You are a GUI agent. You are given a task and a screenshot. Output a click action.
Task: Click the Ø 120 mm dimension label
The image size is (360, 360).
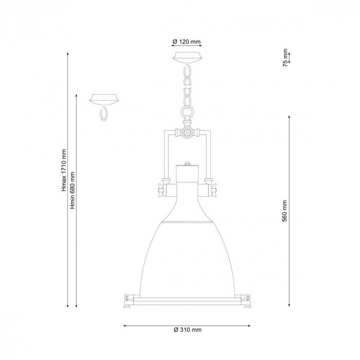click(186, 42)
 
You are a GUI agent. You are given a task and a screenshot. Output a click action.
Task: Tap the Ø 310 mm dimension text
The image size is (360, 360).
click(188, 330)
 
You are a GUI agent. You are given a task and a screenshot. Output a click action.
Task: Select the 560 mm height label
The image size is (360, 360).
click(285, 211)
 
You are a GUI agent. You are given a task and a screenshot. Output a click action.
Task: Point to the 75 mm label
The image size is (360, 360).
click(285, 58)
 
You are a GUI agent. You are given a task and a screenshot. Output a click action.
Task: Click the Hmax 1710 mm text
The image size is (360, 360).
click(64, 170)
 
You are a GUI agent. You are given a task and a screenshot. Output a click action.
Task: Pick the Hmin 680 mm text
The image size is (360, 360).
click(73, 190)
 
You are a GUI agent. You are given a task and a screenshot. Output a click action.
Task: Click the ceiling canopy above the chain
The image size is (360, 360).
click(188, 57)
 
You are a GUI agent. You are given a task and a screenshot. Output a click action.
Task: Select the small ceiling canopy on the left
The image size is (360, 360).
click(104, 99)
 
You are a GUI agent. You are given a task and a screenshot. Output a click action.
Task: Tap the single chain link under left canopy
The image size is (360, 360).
click(104, 114)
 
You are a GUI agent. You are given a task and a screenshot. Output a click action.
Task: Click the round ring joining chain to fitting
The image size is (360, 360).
click(187, 112)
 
